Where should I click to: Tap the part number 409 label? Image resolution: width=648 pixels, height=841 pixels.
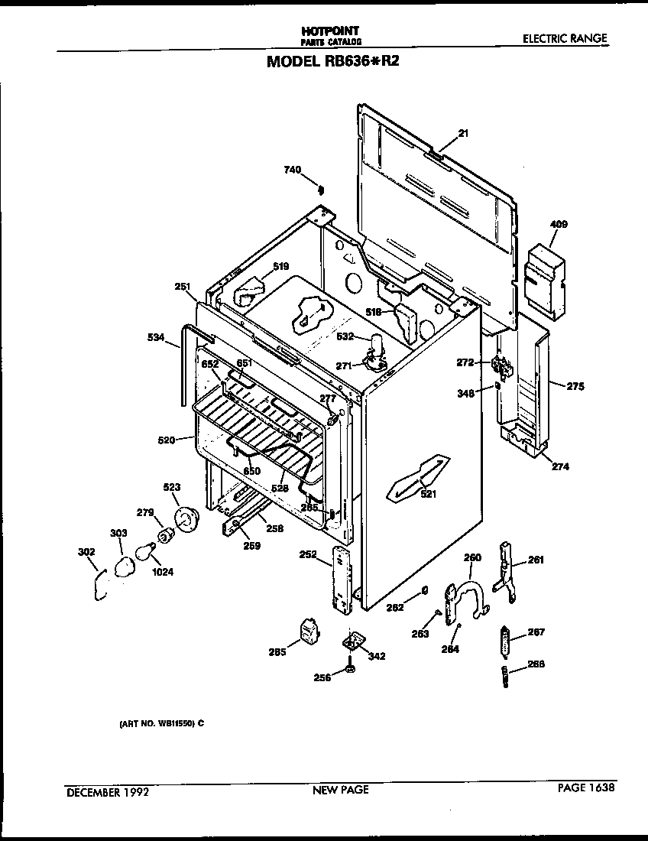559,225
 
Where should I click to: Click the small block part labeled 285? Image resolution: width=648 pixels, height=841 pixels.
309,633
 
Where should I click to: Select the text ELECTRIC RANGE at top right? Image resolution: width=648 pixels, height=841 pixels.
565,38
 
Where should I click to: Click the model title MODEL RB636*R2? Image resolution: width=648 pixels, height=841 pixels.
332,61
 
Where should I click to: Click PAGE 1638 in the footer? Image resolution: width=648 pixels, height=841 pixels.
585,787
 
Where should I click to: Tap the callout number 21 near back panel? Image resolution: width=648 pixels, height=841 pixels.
462,133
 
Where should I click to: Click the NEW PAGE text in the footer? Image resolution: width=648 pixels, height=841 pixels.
341,790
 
